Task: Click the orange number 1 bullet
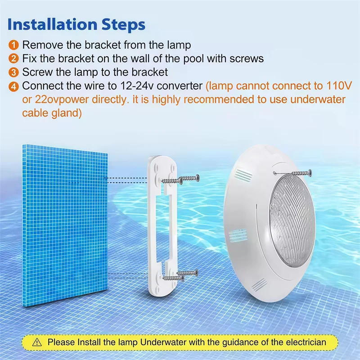[14, 45]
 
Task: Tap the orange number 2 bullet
[14, 58]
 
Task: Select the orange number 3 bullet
[14, 72]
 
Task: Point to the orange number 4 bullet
[14, 86]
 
